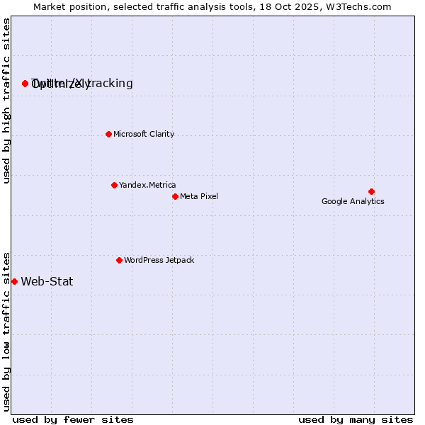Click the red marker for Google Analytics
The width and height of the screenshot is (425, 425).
[x=371, y=191]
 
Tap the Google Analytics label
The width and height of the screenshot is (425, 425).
[x=353, y=201]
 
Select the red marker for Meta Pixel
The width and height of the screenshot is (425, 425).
[x=175, y=196]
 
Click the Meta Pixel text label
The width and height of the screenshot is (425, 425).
[x=199, y=196]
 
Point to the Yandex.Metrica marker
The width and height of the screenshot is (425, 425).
[x=114, y=185]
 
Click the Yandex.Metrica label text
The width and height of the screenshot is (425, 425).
[x=147, y=185]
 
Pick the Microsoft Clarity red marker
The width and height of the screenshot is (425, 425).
[x=108, y=134]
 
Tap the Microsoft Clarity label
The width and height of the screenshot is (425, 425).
[x=144, y=134]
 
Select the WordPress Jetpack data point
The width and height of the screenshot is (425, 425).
[x=119, y=260]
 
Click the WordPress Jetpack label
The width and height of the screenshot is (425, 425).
[x=159, y=260]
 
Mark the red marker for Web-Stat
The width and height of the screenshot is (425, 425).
[x=14, y=281]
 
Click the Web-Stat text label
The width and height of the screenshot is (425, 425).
[x=47, y=281]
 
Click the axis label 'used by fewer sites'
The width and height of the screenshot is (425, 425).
[x=73, y=419]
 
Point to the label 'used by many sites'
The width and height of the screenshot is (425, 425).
[x=355, y=419]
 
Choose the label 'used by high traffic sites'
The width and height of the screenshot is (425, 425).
[x=7, y=101]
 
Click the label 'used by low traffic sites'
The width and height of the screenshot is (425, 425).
[x=7, y=331]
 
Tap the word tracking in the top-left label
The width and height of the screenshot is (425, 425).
[x=110, y=83]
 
